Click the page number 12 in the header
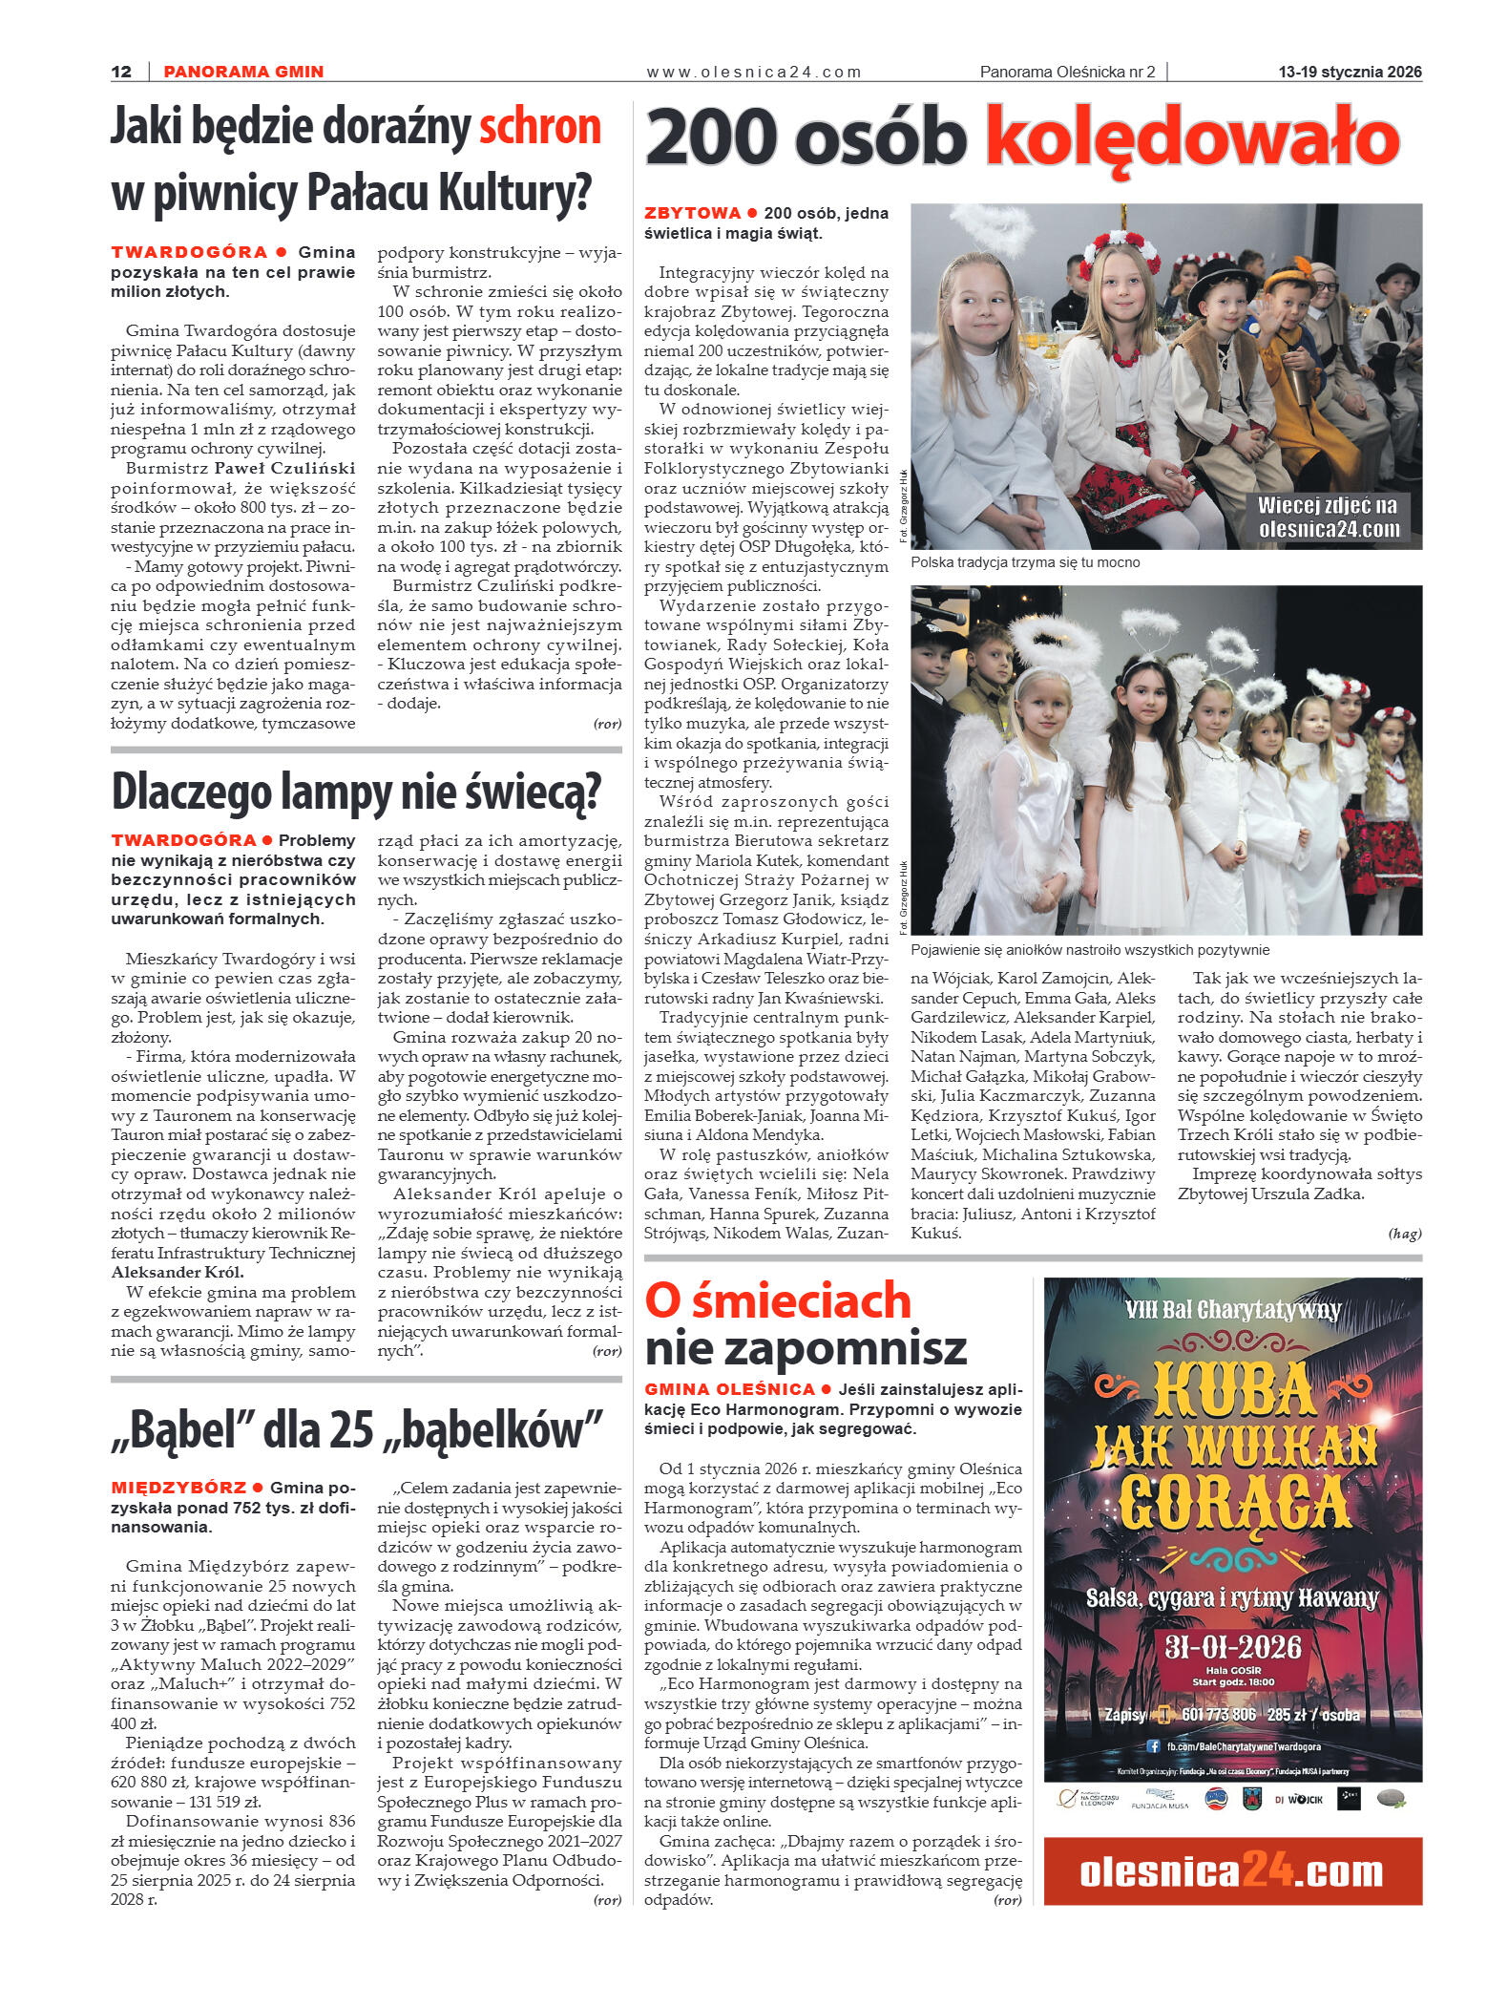pyautogui.click(x=121, y=72)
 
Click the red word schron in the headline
pyautogui.click(x=539, y=128)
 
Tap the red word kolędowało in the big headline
pyautogui.click(x=1192, y=139)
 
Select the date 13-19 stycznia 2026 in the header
pyautogui.click(x=1350, y=72)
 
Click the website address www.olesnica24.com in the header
pyautogui.click(x=753, y=72)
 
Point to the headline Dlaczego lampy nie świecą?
pyautogui.click(x=356, y=792)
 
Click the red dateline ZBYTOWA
pyautogui.click(x=692, y=213)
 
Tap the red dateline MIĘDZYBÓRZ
pyautogui.click(x=178, y=1488)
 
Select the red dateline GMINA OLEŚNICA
pyautogui.click(x=729, y=1389)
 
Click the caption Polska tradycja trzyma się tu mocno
pyautogui.click(x=1024, y=562)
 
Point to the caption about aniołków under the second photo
pyautogui.click(x=1090, y=950)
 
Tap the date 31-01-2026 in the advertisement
pyautogui.click(x=1233, y=1646)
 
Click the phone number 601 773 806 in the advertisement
pyautogui.click(x=1218, y=1715)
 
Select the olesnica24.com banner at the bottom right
pyautogui.click(x=1232, y=1872)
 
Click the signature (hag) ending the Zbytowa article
pyautogui.click(x=1404, y=1234)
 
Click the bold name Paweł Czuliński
pyautogui.click(x=284, y=468)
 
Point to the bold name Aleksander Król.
pyautogui.click(x=178, y=1272)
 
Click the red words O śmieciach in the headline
pyautogui.click(x=778, y=1300)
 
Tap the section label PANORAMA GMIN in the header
pyautogui.click(x=243, y=72)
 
